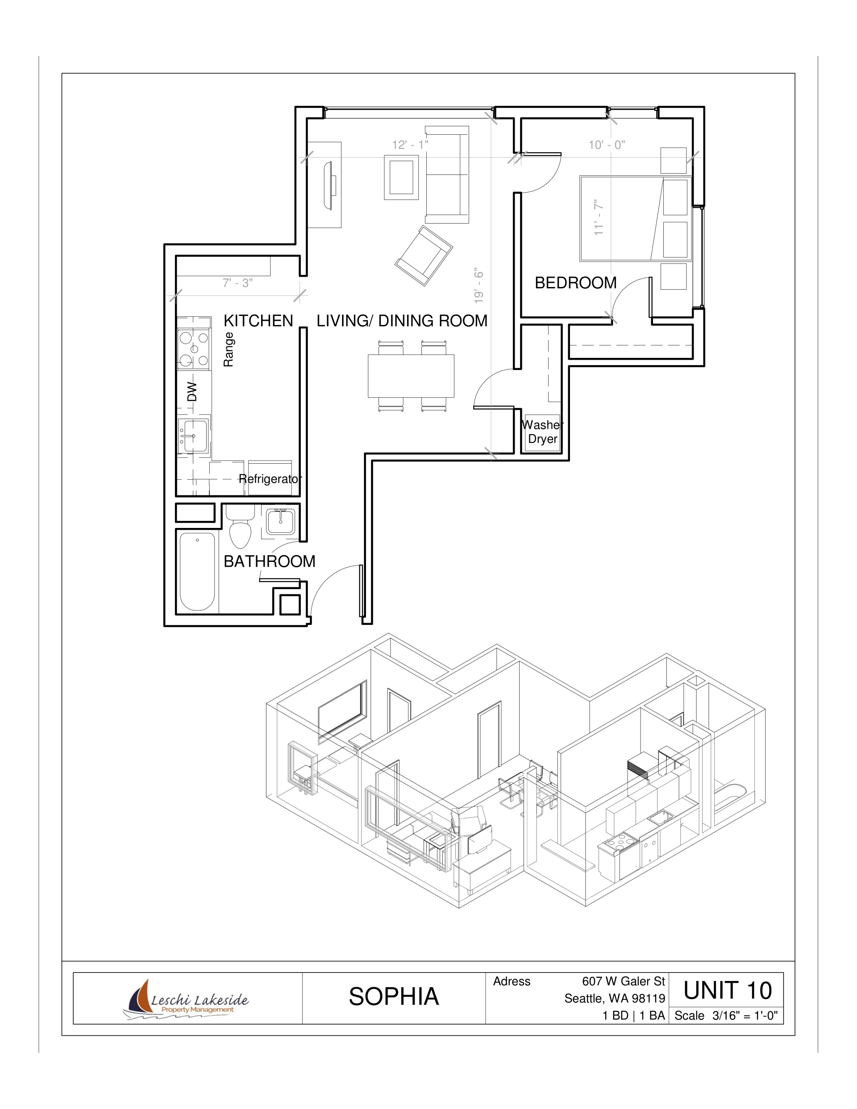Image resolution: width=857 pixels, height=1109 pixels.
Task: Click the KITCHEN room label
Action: (258, 321)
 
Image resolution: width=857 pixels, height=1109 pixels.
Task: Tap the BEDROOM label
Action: (575, 283)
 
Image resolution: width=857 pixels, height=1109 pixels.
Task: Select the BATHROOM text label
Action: (269, 561)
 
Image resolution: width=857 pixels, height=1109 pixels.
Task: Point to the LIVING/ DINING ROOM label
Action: (402, 321)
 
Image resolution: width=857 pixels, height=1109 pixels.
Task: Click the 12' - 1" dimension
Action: (410, 145)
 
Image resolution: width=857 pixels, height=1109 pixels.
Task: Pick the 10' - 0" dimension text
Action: (607, 145)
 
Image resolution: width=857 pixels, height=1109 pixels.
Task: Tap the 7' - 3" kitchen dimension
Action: (237, 283)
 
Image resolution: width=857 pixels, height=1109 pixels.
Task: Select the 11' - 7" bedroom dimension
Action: (599, 217)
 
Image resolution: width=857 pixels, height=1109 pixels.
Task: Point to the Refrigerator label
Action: (270, 479)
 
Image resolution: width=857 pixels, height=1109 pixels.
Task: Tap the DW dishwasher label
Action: (191, 391)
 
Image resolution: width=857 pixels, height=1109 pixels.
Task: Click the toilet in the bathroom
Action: (240, 526)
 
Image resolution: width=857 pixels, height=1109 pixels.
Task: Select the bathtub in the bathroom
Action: (197, 571)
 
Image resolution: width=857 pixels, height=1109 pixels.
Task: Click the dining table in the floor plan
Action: (411, 376)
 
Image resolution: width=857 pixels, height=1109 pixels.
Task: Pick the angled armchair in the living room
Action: (424, 255)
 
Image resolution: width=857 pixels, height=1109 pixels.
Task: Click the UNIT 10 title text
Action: (728, 991)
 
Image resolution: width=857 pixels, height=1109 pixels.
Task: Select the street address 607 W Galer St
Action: (623, 981)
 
